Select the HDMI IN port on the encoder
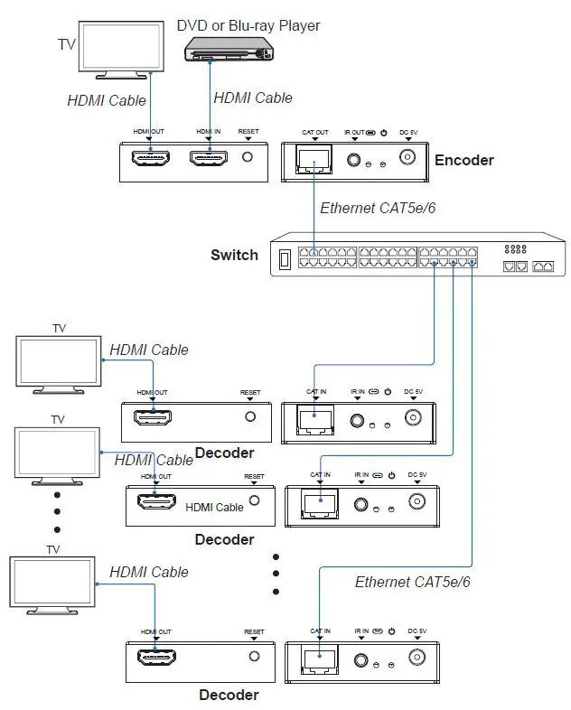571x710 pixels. point(208,159)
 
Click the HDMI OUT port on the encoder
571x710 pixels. point(150,159)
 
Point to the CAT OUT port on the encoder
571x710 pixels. point(313,160)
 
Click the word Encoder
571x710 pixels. point(463,160)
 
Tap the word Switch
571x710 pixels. point(234,255)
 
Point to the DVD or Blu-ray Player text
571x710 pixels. point(248,25)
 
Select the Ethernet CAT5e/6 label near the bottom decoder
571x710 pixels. point(412,582)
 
